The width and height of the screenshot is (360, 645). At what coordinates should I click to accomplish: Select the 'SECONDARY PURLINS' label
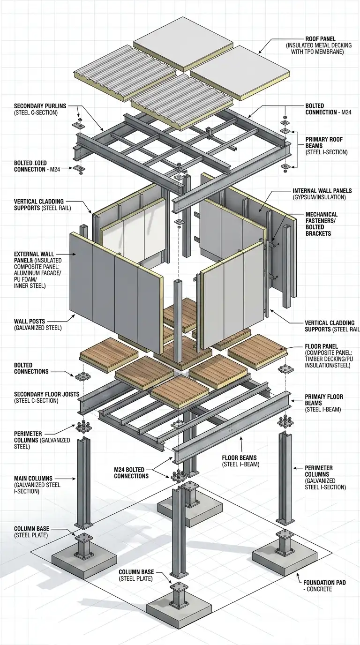(39, 106)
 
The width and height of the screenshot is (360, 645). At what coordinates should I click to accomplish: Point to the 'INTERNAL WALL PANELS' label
(322, 191)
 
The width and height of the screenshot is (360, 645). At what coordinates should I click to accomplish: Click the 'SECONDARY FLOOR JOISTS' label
(43, 394)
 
